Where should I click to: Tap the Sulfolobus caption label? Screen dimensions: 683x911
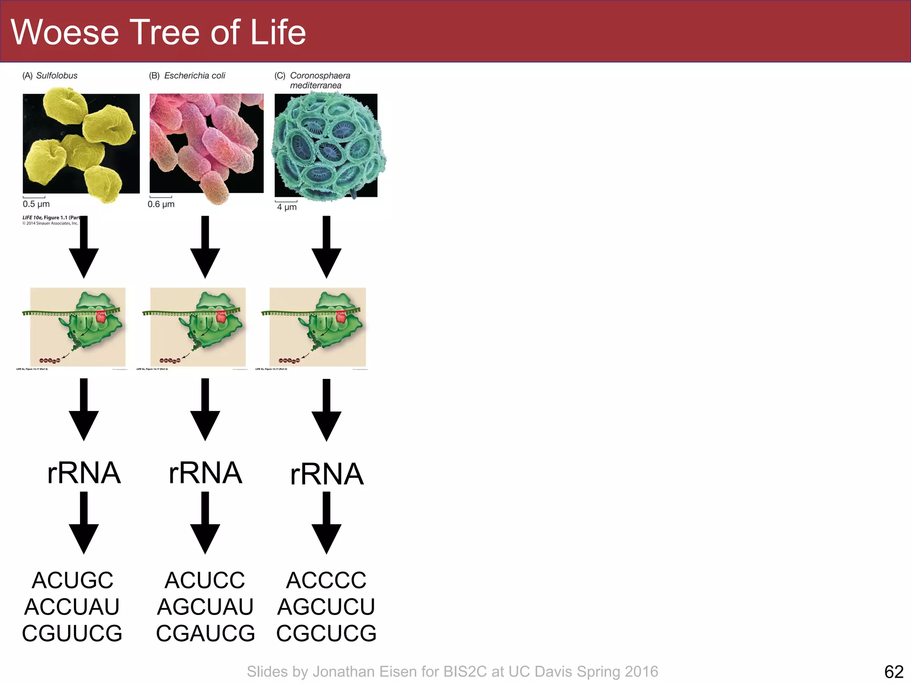(56, 76)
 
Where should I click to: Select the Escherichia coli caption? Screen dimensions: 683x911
(194, 76)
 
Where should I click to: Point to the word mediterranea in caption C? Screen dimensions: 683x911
(315, 85)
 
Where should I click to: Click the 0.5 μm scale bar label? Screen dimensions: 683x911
(36, 204)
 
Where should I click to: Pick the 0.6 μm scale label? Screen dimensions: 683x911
(161, 204)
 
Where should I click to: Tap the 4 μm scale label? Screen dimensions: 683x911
(286, 207)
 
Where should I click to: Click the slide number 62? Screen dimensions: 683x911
(894, 671)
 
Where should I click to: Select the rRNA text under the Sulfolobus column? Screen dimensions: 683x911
(84, 473)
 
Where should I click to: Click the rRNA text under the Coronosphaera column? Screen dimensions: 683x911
(327, 474)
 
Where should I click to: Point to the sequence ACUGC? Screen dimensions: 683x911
(73, 580)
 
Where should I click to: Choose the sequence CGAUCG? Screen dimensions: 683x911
(205, 633)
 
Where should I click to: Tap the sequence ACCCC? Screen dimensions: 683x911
(326, 580)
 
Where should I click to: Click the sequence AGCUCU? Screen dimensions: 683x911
(326, 607)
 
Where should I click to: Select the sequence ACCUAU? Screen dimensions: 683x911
(72, 607)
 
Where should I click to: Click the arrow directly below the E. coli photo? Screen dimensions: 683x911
(205, 247)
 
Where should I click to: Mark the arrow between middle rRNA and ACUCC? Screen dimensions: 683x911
(205, 523)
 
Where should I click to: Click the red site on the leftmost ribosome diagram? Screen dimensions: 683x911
(101, 317)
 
